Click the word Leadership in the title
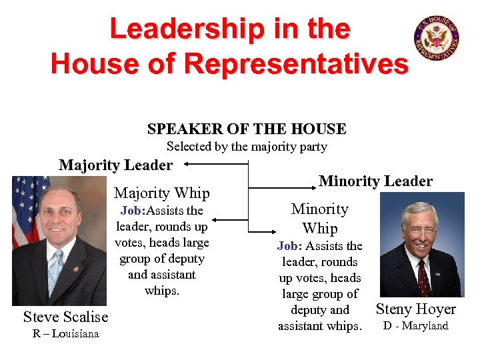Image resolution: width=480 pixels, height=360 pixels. click(169, 29)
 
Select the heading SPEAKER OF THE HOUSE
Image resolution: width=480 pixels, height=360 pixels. click(247, 129)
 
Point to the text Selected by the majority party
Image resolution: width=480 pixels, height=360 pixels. click(247, 147)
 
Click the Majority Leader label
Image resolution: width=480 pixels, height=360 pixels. click(115, 165)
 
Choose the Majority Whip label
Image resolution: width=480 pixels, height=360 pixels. click(162, 193)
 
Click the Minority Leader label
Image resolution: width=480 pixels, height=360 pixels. click(375, 181)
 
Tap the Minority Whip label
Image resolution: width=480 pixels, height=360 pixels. click(320, 218)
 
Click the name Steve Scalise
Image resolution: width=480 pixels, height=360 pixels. click(65, 316)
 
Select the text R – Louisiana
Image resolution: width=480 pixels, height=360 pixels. click(65, 333)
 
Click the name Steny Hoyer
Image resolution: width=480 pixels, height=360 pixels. click(415, 309)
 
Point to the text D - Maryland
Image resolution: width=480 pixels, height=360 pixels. click(415, 325)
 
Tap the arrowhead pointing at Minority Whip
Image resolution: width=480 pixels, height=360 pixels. click(253, 230)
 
